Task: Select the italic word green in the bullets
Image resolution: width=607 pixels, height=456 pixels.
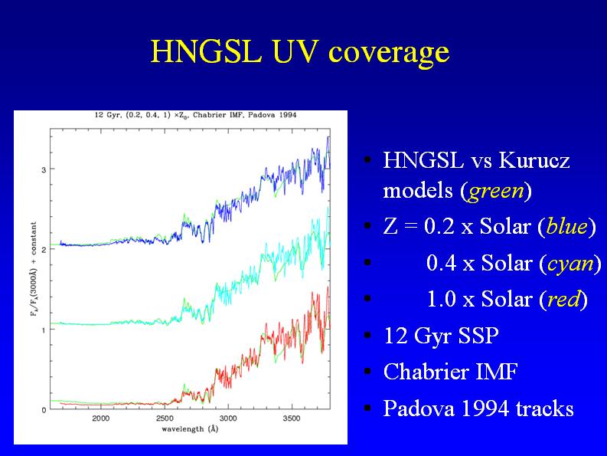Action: [x=496, y=191]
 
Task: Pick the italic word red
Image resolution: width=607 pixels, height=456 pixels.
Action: [x=563, y=300]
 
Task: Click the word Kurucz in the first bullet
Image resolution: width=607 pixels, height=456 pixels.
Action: [x=534, y=161]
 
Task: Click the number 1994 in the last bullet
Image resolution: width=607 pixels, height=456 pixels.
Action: [x=487, y=408]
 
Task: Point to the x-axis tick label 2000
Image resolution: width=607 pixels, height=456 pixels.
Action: [x=100, y=418]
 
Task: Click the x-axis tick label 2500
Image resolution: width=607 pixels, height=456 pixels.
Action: [x=165, y=418]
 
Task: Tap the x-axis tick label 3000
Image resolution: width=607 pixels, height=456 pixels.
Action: [x=228, y=418]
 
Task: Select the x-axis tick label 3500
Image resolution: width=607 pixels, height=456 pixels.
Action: [x=292, y=418]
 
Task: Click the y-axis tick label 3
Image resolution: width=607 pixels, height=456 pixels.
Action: [x=42, y=169]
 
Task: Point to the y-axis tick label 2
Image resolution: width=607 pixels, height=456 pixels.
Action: [x=42, y=250]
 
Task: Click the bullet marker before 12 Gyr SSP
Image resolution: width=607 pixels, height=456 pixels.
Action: [x=368, y=336]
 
